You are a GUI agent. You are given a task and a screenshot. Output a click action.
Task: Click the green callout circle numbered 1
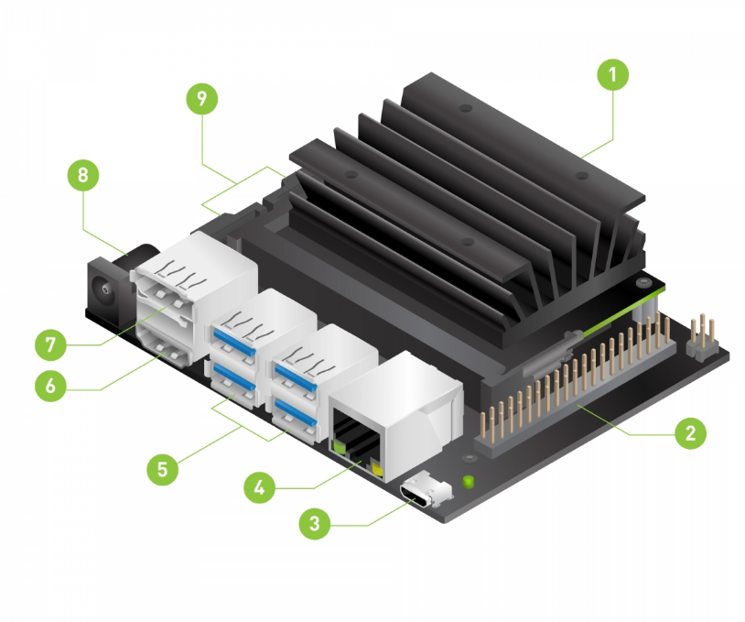point(612,75)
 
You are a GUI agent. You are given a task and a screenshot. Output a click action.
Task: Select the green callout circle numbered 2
point(690,432)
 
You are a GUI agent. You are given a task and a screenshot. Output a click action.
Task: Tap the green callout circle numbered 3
point(315,524)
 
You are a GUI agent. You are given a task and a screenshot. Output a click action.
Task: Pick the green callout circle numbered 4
point(259,487)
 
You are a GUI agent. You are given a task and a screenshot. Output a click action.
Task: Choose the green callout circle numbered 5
point(163,469)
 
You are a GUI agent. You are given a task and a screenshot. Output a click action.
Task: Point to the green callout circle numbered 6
point(51,386)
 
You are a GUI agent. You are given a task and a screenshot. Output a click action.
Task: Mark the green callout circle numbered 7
point(51,344)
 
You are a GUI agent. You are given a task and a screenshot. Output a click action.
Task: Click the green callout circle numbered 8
point(83,175)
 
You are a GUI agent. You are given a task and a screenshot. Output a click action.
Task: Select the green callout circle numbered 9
point(202,99)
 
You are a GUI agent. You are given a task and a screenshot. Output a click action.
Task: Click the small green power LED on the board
point(468,482)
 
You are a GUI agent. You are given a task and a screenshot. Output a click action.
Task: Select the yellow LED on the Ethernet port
point(378,470)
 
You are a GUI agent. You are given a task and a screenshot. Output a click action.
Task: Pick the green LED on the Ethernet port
point(340,447)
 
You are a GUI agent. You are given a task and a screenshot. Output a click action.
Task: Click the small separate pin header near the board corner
point(702,338)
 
